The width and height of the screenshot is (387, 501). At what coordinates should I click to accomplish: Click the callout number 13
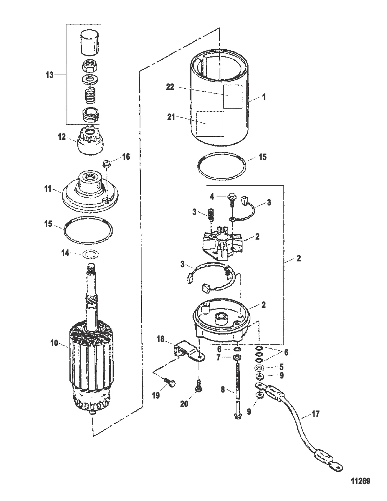pos(50,75)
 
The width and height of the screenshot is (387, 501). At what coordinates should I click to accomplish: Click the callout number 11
pos(47,189)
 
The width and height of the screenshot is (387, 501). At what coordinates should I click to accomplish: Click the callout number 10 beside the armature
pos(54,343)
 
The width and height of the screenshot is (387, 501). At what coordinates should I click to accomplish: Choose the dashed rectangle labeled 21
pos(211,124)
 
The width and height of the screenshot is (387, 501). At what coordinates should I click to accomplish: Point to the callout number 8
pos(222,391)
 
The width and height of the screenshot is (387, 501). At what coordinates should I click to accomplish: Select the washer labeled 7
pos(237,357)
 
